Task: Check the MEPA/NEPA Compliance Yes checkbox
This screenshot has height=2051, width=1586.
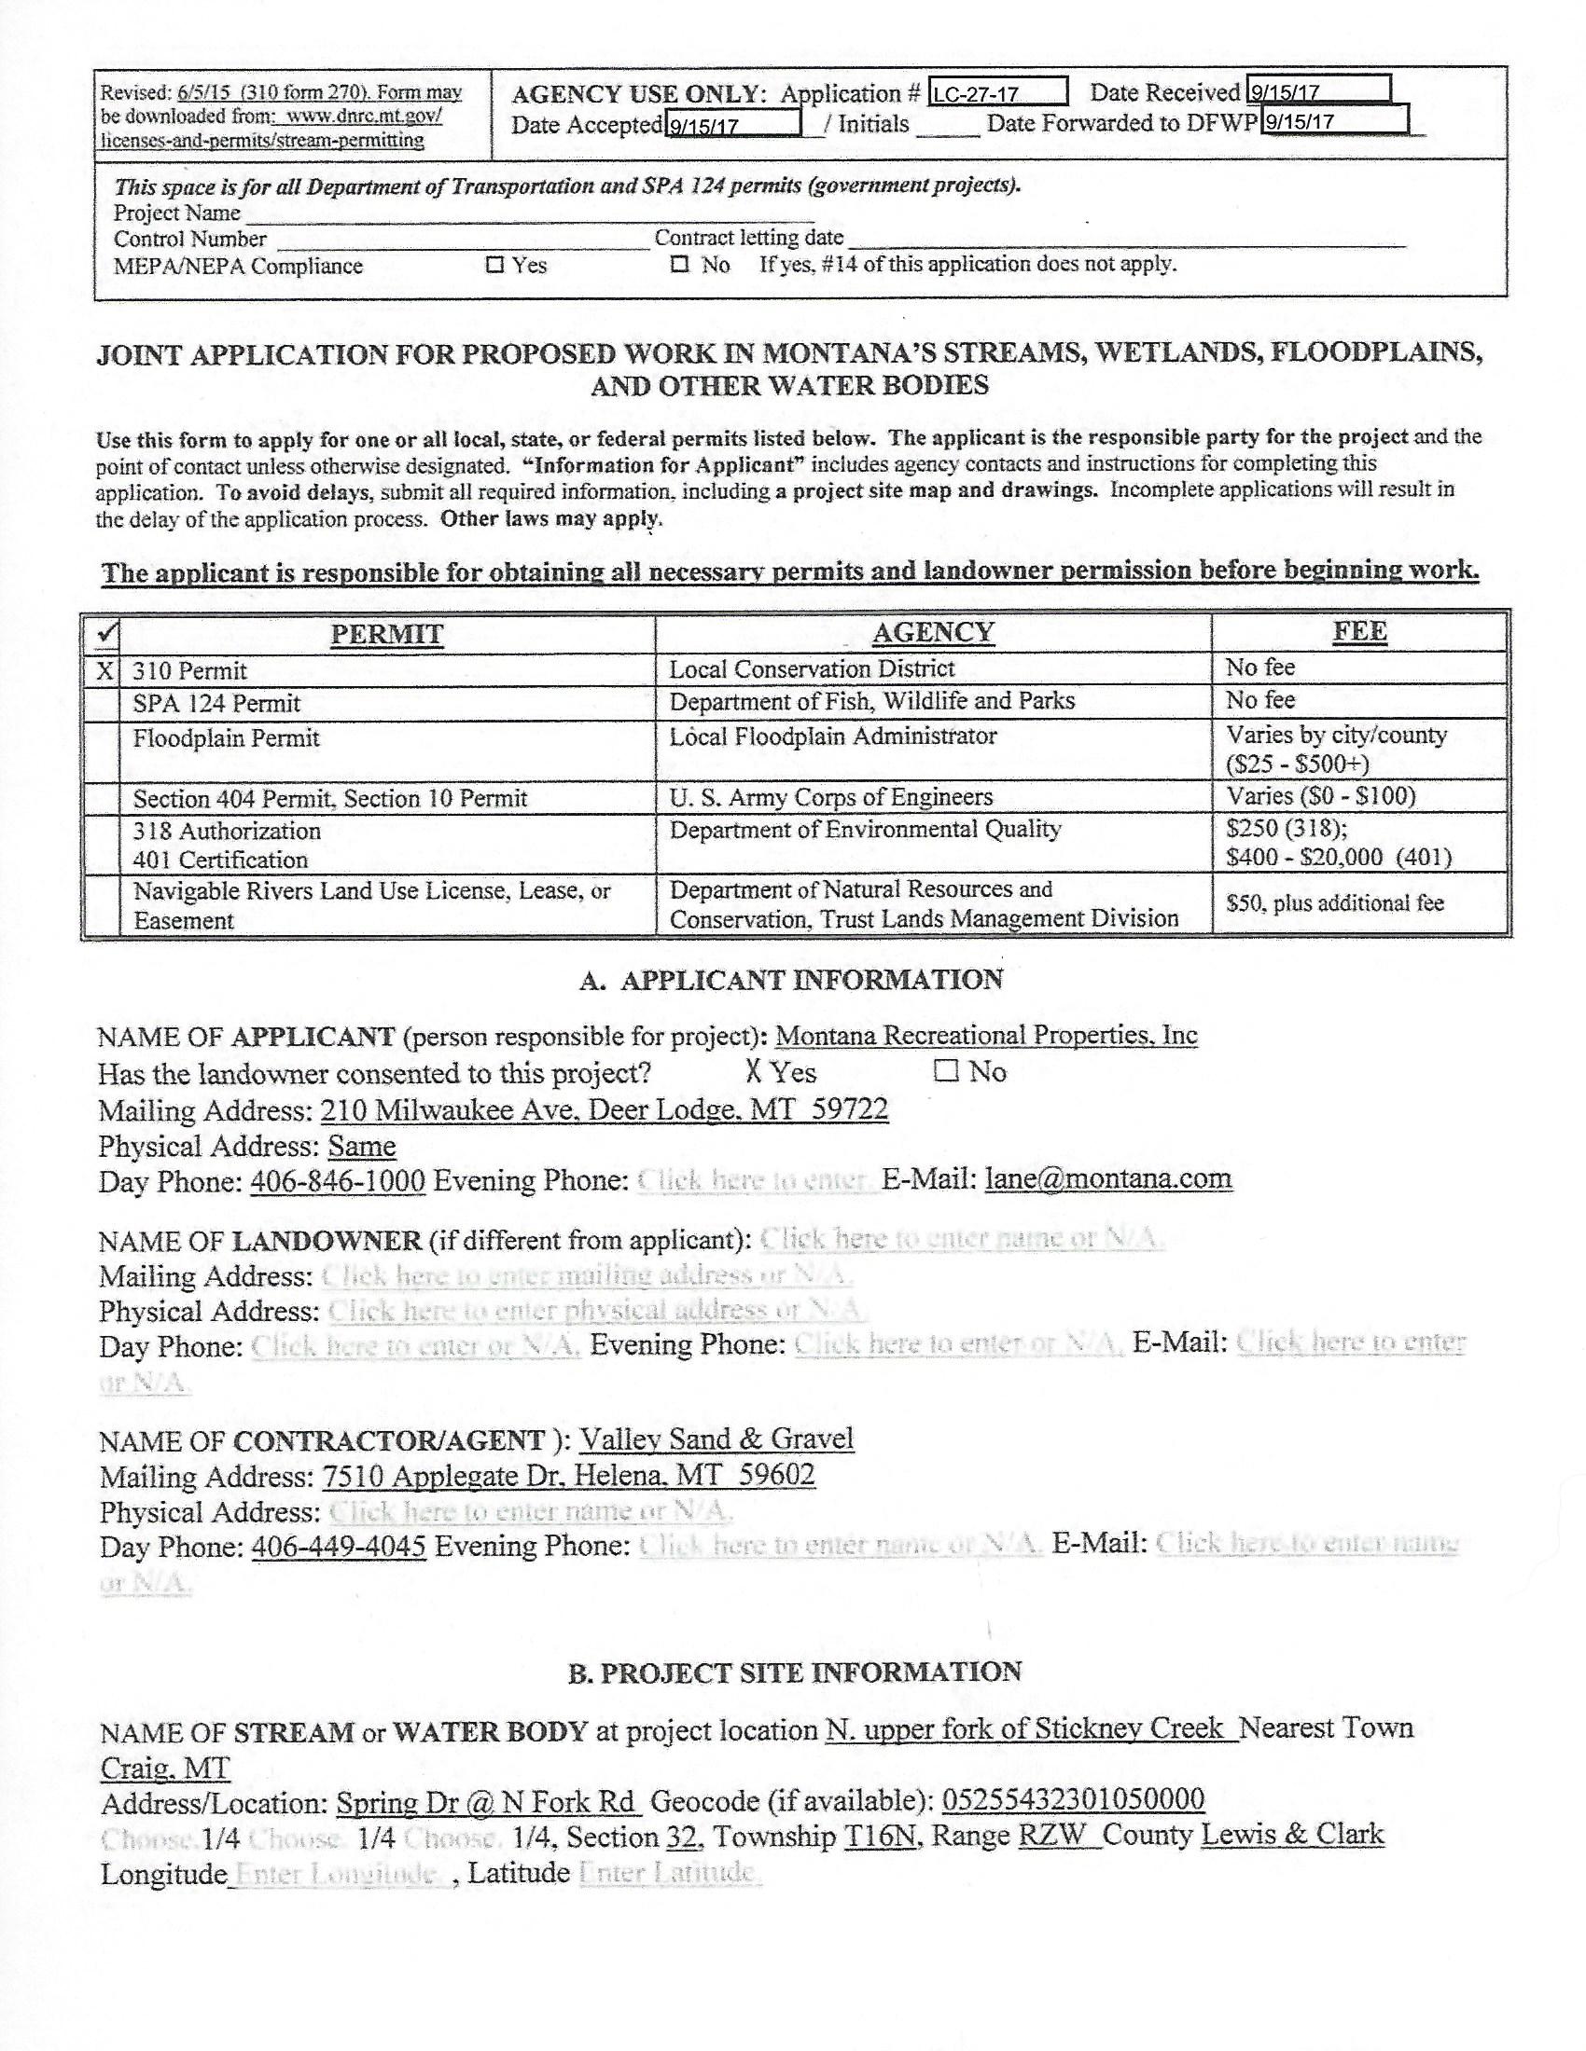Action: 494,265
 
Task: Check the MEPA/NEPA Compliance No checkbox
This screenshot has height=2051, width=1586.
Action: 679,265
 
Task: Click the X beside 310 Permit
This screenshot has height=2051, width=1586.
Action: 105,670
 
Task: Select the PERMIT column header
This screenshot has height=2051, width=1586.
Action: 386,634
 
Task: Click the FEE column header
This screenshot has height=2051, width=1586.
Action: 1359,632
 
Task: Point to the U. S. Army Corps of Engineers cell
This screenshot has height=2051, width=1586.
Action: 830,797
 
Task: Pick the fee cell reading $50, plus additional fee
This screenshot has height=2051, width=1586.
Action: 1334,902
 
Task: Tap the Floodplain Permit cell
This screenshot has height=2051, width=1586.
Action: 227,738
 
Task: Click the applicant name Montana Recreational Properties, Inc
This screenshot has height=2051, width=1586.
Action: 986,1035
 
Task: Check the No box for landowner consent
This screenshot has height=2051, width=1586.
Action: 945,1071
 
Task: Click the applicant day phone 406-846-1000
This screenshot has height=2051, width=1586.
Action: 338,1180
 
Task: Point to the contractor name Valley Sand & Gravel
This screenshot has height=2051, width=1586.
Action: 716,1438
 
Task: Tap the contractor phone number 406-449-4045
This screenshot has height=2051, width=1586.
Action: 339,1546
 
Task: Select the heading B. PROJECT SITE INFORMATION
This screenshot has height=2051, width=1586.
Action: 794,1672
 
